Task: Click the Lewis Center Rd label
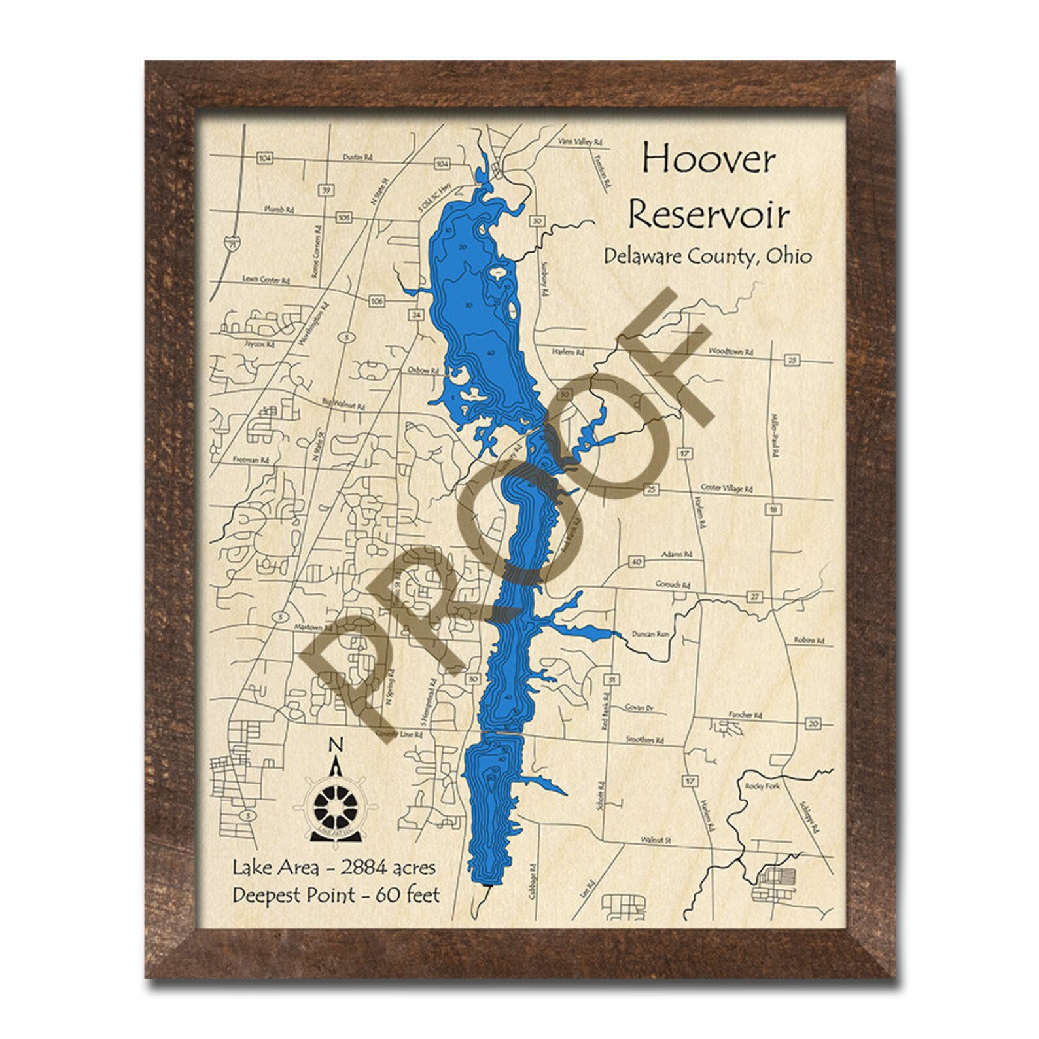click(x=266, y=279)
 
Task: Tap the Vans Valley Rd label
click(x=580, y=141)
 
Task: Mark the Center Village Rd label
click(x=726, y=489)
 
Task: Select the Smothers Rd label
click(x=644, y=740)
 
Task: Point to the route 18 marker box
click(x=773, y=510)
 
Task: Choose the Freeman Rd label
click(x=251, y=460)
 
